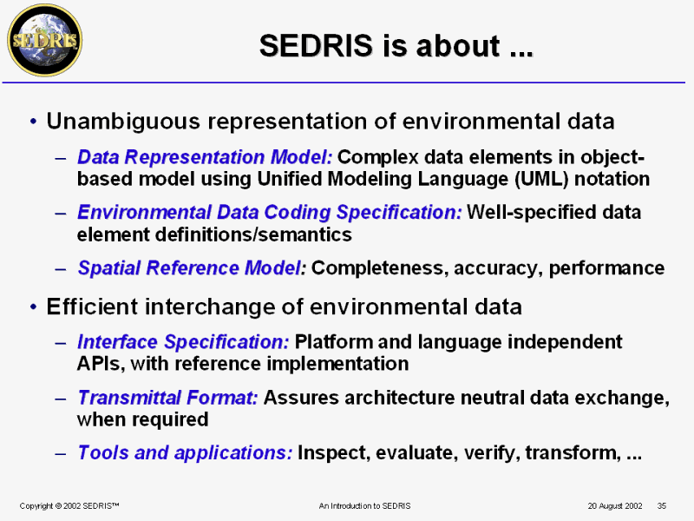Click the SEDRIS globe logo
click(x=45, y=40)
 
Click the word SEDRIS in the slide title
click(x=316, y=45)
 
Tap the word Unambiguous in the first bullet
click(x=123, y=122)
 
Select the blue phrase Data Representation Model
click(x=205, y=157)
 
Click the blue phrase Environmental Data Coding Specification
click(x=270, y=212)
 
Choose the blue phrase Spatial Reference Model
click(x=192, y=267)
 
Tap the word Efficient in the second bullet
click(x=93, y=307)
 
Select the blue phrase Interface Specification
click(x=183, y=342)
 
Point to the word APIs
click(x=101, y=364)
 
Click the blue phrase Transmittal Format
click(x=167, y=398)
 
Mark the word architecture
click(x=400, y=398)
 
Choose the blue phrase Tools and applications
click(x=185, y=452)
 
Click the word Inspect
click(x=334, y=453)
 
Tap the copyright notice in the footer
click(x=69, y=506)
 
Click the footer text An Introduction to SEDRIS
click(x=364, y=506)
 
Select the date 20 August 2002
click(x=615, y=506)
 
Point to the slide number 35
click(x=662, y=506)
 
